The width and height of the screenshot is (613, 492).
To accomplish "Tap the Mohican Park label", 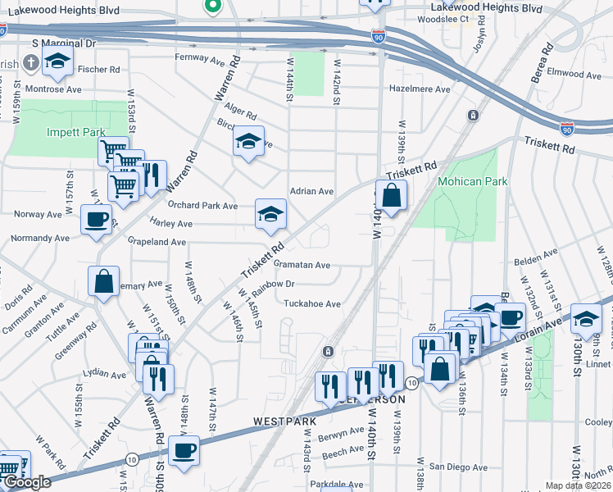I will (x=473, y=181).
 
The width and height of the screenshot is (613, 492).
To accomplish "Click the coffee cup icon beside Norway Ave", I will (x=97, y=219).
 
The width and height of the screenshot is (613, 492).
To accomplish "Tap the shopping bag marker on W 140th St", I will (x=392, y=195).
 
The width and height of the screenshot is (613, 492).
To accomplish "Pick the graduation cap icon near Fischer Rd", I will (x=57, y=60).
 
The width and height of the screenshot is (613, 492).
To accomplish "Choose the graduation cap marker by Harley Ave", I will (x=271, y=214).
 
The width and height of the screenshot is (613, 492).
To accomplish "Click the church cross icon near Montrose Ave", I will (x=30, y=62).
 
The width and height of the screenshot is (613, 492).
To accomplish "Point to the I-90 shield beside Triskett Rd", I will (x=567, y=129).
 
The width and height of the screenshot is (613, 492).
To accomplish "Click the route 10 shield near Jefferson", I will (x=412, y=383).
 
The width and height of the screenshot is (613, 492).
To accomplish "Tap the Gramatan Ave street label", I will (x=302, y=265).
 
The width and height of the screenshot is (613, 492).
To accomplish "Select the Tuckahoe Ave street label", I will (x=311, y=303).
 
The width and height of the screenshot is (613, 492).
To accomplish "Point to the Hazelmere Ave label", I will (x=420, y=89).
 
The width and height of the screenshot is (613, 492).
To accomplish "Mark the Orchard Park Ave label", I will (x=202, y=205).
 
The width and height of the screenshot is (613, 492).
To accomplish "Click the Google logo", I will (x=27, y=482).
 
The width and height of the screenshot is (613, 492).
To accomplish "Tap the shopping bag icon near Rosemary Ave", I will (x=104, y=282).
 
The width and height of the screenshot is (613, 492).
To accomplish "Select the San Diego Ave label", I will (x=458, y=467).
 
